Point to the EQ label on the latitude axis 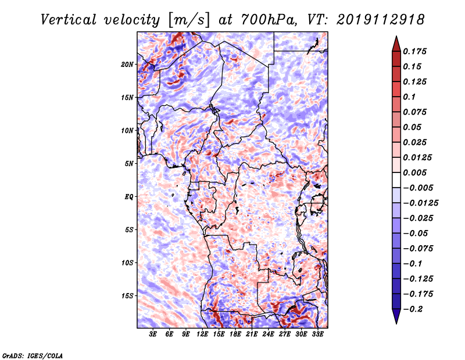click(129, 196)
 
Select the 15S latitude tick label click(128, 295)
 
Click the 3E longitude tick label click(153, 335)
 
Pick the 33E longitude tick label click(318, 335)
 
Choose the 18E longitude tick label click(235, 335)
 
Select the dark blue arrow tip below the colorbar click(396, 320)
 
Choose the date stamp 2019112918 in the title click(372, 19)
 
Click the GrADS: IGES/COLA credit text click(32, 355)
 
